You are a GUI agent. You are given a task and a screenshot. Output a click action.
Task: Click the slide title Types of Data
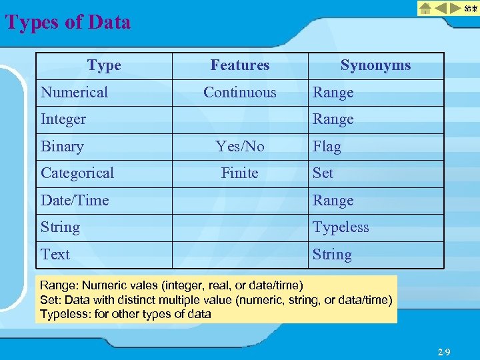[x=68, y=23]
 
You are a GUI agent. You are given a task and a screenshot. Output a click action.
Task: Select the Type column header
[x=104, y=65]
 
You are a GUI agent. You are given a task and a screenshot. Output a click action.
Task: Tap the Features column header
[x=240, y=65]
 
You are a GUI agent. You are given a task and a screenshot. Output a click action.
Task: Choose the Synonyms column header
[x=375, y=65]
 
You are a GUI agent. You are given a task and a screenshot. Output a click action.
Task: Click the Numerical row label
[x=74, y=93]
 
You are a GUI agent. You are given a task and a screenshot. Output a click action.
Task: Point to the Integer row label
[x=63, y=119]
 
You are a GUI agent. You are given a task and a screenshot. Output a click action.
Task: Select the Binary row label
[x=62, y=147]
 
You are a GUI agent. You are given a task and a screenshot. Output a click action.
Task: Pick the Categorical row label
[x=77, y=173]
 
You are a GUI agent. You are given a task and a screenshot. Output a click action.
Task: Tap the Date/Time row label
[x=75, y=201]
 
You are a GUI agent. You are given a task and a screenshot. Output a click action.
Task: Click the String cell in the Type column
[x=60, y=227]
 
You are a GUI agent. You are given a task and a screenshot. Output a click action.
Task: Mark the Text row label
[x=55, y=255]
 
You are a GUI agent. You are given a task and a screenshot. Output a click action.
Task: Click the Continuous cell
[x=240, y=93]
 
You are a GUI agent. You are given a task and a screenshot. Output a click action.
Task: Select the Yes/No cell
[x=240, y=147]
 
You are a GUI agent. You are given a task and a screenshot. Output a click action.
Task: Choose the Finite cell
[x=240, y=173]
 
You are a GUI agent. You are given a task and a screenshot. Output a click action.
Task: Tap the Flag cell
[x=327, y=147]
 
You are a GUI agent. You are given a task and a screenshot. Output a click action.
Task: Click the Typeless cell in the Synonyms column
[x=341, y=227]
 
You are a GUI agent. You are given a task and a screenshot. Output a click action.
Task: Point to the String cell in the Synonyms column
[x=332, y=255]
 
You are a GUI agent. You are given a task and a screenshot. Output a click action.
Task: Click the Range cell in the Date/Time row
[x=333, y=201]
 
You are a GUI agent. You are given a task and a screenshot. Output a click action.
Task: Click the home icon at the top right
[x=425, y=9]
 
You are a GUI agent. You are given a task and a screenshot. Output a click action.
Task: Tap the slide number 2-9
[x=444, y=351]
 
